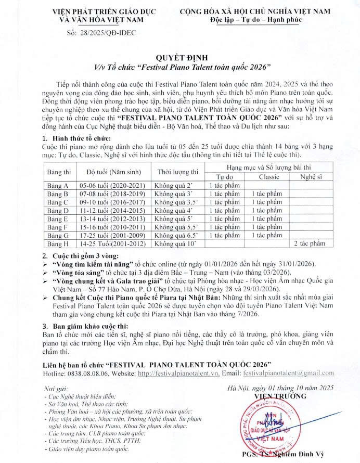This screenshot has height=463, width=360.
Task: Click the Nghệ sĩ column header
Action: click(311, 177)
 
